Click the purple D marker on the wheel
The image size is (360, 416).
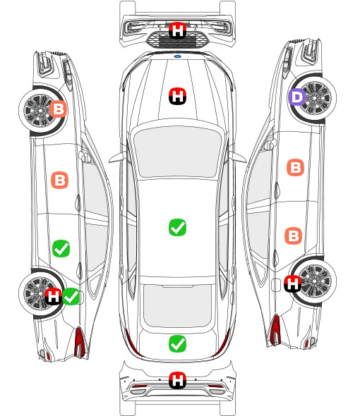[296, 97]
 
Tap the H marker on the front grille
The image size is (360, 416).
[177, 30]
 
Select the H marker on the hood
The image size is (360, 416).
[177, 96]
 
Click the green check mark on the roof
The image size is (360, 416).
[177, 227]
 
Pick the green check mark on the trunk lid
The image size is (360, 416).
[177, 343]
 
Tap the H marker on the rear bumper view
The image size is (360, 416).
[177, 380]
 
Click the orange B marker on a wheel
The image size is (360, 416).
[59, 109]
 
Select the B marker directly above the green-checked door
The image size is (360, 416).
[59, 180]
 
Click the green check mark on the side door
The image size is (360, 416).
[61, 248]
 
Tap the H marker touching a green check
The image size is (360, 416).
[53, 296]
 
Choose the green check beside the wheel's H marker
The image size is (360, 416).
[71, 296]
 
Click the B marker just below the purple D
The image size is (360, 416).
[296, 167]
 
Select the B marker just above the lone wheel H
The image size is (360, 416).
[294, 235]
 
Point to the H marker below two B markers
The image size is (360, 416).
[292, 283]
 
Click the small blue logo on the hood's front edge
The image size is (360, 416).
[177, 56]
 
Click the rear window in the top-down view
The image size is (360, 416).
[177, 305]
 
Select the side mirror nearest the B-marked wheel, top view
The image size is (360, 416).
[117, 157]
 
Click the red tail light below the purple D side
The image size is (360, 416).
[275, 329]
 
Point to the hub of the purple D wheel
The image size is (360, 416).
[314, 98]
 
